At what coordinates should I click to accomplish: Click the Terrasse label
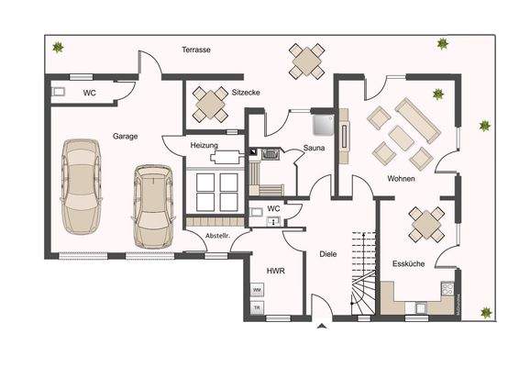point(196,50)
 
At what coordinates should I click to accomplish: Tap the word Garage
point(126,136)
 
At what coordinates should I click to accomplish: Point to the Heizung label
point(204,146)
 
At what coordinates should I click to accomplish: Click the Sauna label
point(316,148)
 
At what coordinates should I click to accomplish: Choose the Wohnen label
point(401,178)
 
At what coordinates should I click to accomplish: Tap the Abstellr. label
point(217,237)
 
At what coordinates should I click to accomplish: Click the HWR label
point(274,271)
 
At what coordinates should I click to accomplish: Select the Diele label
point(328,253)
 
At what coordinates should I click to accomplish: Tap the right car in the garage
point(151,206)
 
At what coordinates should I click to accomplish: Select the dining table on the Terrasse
point(306,61)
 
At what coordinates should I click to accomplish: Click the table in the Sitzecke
point(210,104)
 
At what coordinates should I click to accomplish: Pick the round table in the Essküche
point(426,223)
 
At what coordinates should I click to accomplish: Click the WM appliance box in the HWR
point(258,290)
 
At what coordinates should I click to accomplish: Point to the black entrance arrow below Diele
point(322,326)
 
